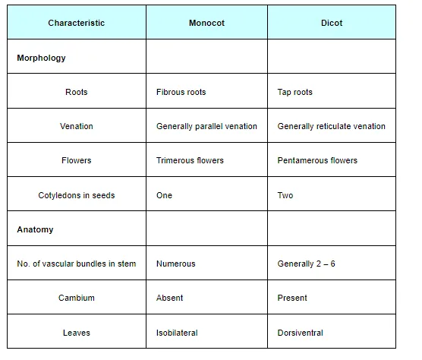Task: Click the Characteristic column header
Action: [77, 23]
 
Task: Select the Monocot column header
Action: [206, 23]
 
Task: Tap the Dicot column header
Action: [332, 23]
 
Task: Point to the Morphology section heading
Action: [41, 58]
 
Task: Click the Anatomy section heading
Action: [35, 229]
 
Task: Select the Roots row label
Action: [77, 92]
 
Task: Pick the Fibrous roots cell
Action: [181, 92]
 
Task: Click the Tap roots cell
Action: [295, 92]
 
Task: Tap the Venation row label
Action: [77, 126]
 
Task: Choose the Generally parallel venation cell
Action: [206, 126]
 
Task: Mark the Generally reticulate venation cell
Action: [332, 126]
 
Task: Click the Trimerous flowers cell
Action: [190, 160]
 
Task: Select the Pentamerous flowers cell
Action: [317, 160]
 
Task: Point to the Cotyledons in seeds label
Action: [77, 195]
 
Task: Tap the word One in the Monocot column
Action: [164, 195]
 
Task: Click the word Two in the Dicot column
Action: [285, 195]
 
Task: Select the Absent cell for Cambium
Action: [169, 298]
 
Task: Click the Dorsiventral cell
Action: [301, 333]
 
